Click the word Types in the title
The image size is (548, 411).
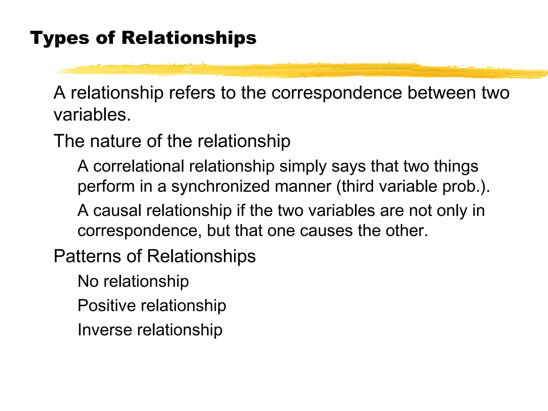59,38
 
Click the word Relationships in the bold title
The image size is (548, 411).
189,38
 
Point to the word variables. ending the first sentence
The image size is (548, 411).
92,115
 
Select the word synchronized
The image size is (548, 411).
220,187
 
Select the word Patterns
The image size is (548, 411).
87,256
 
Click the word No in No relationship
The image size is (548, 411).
88,281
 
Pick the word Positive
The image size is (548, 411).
106,306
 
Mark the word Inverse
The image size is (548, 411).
105,330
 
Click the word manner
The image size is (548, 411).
303,187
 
